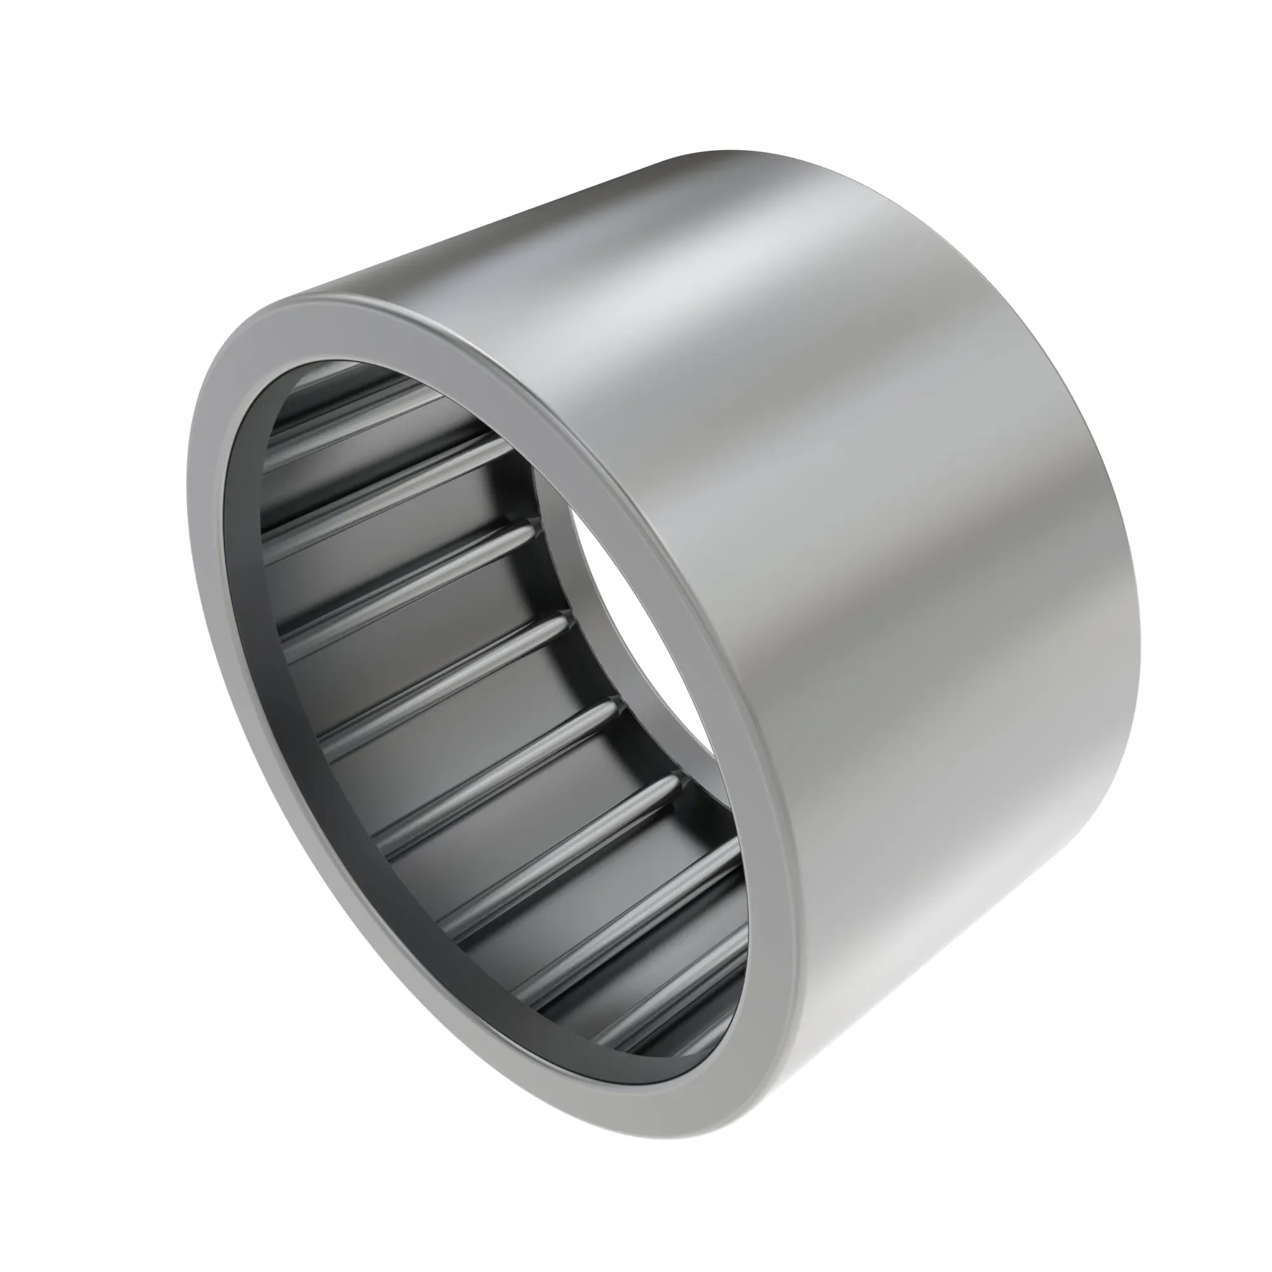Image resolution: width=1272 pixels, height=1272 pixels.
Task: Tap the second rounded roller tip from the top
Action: pos(563,621)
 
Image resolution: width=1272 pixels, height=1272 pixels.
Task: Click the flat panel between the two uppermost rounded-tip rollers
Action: pos(428,632)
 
